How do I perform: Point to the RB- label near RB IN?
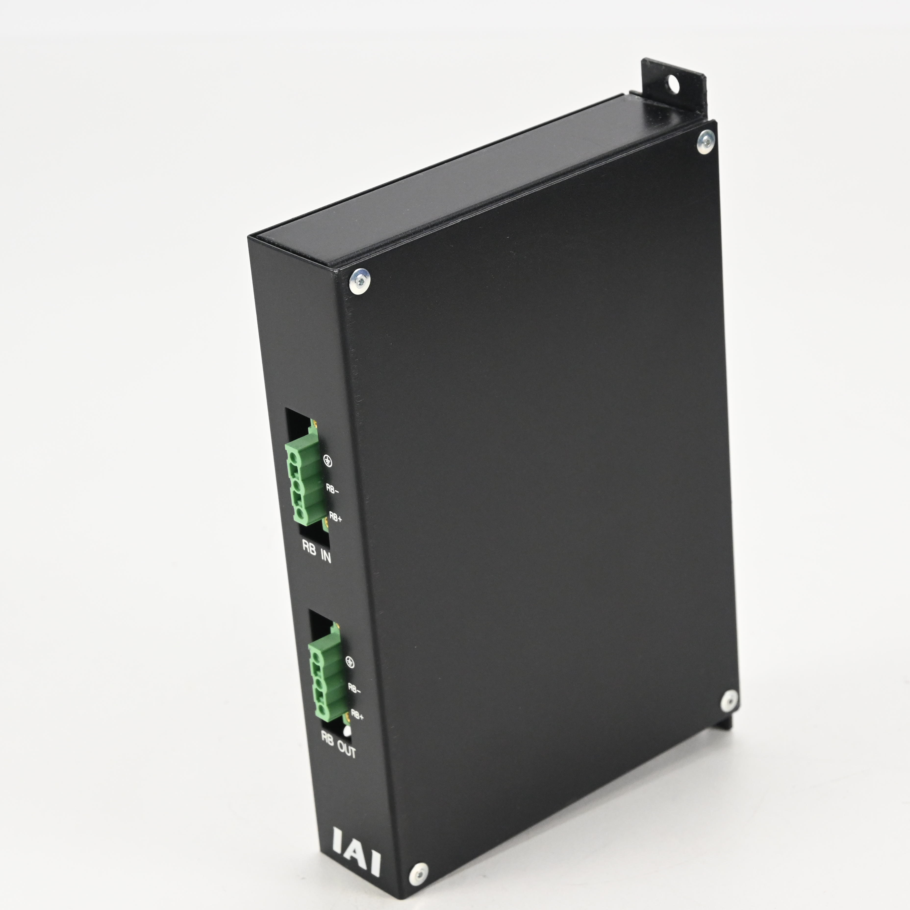tap(332, 489)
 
